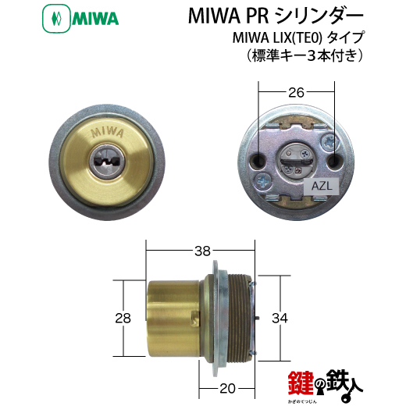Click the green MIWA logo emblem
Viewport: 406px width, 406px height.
56,19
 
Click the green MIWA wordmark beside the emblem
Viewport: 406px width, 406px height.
95,19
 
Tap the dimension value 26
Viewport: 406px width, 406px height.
296,92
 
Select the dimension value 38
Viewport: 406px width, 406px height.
202,251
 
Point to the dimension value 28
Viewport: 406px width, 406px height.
123,318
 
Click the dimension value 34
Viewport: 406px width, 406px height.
280,318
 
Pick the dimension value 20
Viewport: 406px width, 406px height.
227,389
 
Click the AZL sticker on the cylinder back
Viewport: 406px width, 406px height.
322,187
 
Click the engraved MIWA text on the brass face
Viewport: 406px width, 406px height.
107,133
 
